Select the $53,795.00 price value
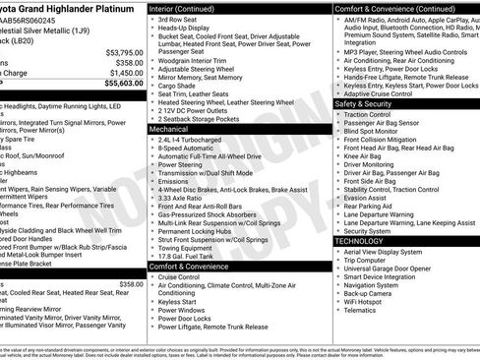(x=124, y=51)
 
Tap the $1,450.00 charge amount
(x=126, y=73)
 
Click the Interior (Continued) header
(x=181, y=7)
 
